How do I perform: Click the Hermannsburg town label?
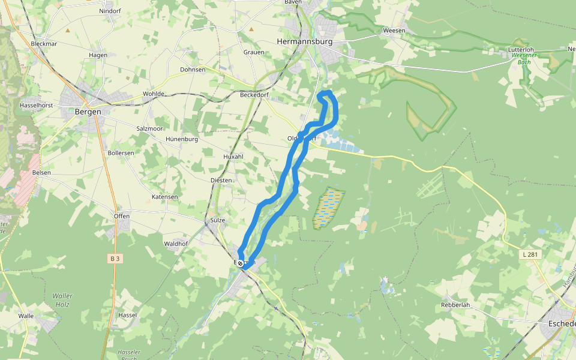pyautogui.click(x=304, y=41)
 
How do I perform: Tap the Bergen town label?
pyautogui.click(x=84, y=111)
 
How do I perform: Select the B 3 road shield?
pyautogui.click(x=115, y=259)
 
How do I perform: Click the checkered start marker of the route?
pyautogui.click(x=240, y=263)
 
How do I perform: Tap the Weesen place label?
pyautogui.click(x=394, y=30)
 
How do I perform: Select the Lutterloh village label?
pyautogui.click(x=521, y=49)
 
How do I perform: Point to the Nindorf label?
pyautogui.click(x=110, y=11)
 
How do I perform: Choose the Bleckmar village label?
pyautogui.click(x=44, y=44)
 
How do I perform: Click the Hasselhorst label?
pyautogui.click(x=36, y=105)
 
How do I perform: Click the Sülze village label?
pyautogui.click(x=218, y=220)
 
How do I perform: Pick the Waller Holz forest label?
pyautogui.click(x=62, y=300)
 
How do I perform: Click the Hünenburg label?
pyautogui.click(x=181, y=139)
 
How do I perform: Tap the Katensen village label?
pyautogui.click(x=164, y=197)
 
